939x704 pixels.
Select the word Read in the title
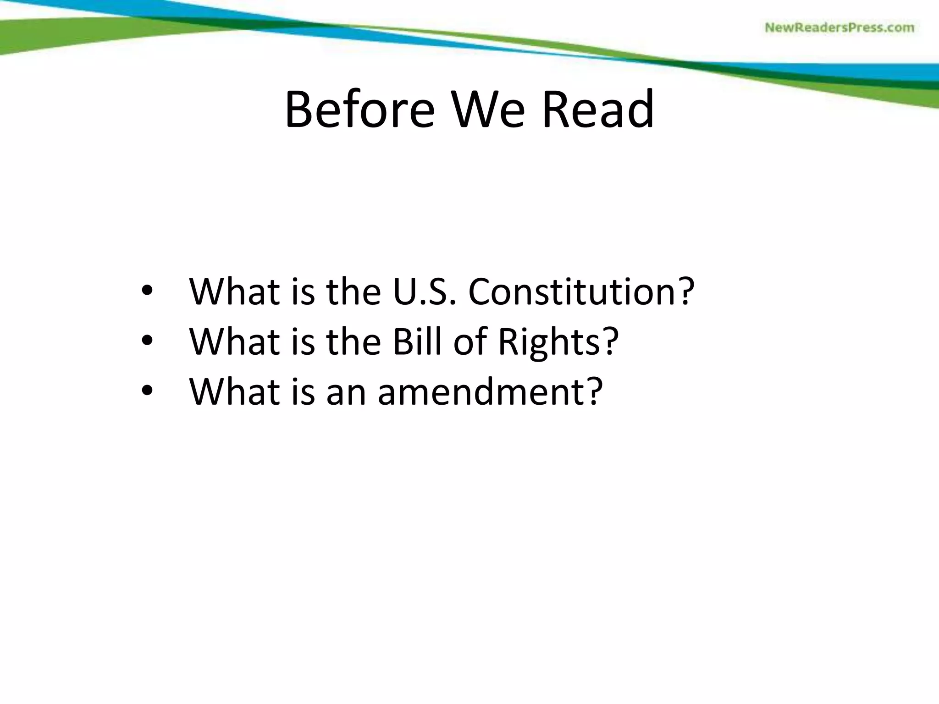tap(598, 110)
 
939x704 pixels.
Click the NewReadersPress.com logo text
tap(840, 28)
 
